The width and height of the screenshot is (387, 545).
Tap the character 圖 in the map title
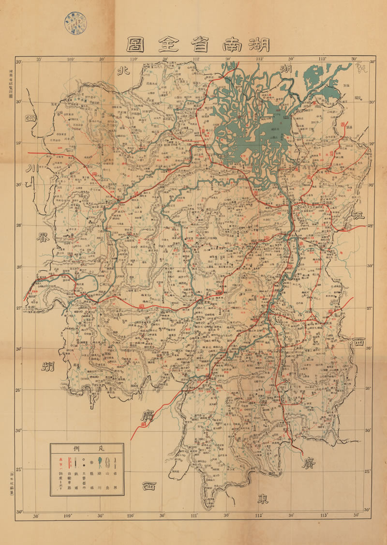pos(134,45)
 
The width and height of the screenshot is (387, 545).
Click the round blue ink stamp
pos(75,21)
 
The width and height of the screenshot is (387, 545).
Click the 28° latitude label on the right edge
pos(372,226)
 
